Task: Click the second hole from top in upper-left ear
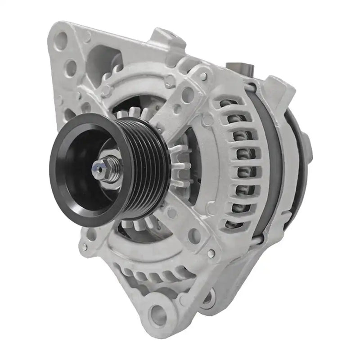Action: (71, 68)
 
